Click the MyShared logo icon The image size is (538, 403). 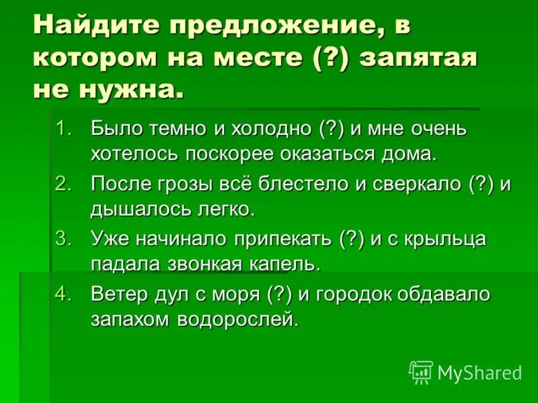point(421,372)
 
